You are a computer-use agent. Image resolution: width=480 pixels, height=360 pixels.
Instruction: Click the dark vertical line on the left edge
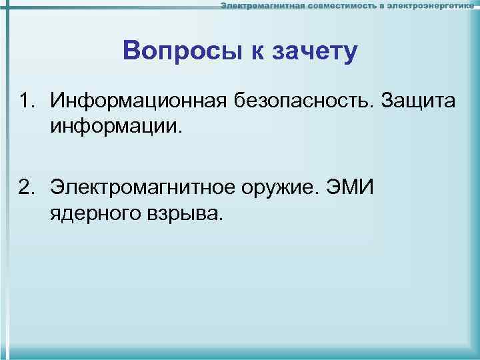click(9, 180)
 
